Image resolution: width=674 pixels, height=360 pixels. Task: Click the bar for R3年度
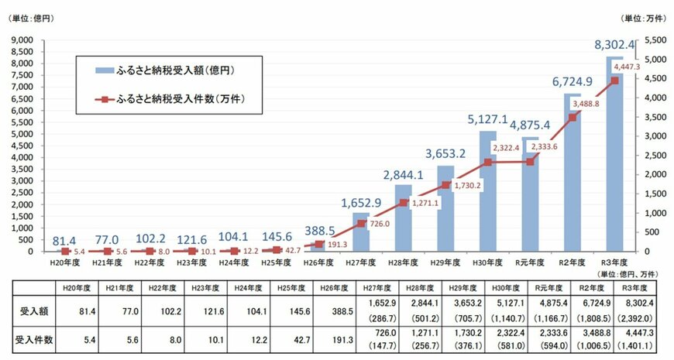[x=614, y=155]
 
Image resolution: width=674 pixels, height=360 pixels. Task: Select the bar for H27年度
[x=361, y=232]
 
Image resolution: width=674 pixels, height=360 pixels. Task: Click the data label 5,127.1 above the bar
[x=487, y=119]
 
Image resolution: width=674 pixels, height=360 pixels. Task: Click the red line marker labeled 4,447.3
[x=614, y=81]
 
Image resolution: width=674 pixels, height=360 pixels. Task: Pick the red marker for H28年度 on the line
[x=404, y=203]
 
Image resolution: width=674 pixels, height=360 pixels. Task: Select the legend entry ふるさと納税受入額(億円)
[x=174, y=70]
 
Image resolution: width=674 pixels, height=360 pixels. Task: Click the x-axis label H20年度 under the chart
[x=65, y=263]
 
